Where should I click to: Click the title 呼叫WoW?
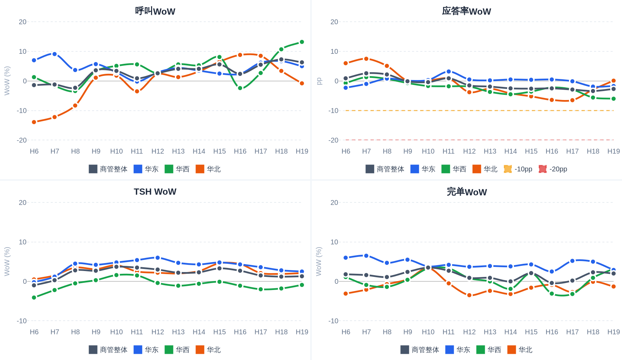point(155,11)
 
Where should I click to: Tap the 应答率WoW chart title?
point(466,11)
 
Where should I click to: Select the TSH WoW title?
point(155,192)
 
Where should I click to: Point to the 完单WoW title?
point(467,192)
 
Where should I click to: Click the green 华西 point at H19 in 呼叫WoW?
point(302,42)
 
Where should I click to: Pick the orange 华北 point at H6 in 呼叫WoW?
point(34,122)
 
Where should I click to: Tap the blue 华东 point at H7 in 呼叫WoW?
point(54,54)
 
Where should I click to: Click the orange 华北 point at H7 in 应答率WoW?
point(366,59)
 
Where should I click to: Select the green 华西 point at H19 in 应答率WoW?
point(613,99)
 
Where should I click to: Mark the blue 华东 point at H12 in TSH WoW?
point(158,258)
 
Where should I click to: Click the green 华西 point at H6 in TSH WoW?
point(34,297)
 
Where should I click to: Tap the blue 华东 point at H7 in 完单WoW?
point(366,256)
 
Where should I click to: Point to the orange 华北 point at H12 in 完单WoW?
point(469,295)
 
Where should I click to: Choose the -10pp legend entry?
point(518,169)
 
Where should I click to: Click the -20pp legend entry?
point(553,169)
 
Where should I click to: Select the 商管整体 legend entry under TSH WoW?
point(108,350)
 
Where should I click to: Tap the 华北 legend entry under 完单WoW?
point(520,350)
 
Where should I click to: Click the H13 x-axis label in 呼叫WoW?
point(178,151)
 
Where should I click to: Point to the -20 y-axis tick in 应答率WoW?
point(333,140)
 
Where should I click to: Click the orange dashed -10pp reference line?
point(480,111)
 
